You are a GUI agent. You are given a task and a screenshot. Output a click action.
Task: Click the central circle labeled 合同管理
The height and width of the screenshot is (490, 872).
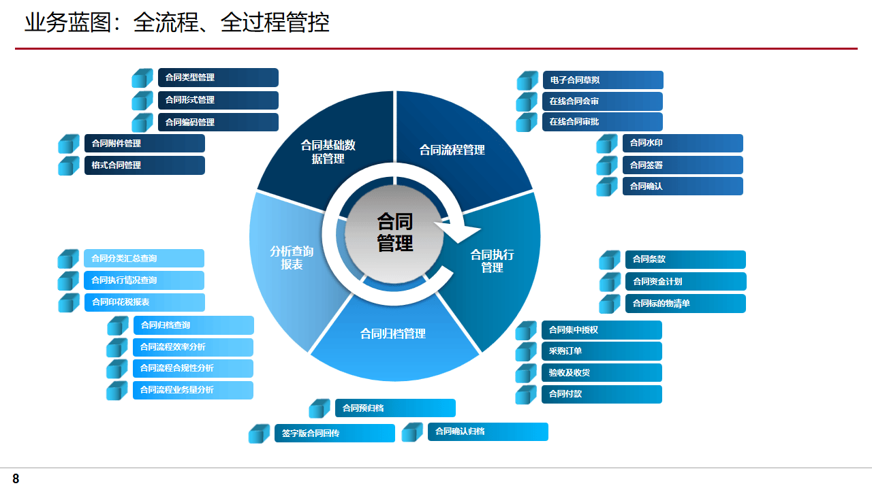[395, 233]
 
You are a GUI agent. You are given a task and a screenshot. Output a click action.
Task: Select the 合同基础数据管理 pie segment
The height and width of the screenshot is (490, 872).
[328, 151]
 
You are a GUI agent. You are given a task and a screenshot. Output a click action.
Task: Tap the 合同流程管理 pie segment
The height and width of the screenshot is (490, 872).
[452, 150]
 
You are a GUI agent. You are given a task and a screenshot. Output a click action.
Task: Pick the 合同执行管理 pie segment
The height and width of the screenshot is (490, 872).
[492, 261]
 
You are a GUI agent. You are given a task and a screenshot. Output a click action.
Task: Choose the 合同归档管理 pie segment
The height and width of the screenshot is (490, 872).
[393, 334]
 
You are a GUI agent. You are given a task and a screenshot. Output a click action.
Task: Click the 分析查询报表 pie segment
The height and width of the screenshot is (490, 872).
[292, 257]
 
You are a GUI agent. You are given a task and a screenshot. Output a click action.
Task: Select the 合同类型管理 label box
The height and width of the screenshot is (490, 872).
[218, 78]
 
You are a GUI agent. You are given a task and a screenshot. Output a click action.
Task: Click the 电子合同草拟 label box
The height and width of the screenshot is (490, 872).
[602, 80]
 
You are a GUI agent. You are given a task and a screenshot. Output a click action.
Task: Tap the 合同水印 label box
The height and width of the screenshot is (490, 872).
[682, 143]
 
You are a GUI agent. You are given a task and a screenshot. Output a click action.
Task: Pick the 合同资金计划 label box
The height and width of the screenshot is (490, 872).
[685, 282]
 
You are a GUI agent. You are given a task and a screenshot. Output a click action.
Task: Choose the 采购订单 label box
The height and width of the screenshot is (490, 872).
[601, 351]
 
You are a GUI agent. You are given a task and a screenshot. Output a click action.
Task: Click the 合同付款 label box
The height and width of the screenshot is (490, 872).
[601, 394]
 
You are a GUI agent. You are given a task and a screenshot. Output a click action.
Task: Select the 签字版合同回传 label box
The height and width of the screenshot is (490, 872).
[334, 434]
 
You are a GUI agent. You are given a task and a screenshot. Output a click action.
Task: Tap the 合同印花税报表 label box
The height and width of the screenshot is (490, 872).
[144, 302]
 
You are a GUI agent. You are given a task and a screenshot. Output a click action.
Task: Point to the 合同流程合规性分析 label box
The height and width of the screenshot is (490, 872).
[193, 368]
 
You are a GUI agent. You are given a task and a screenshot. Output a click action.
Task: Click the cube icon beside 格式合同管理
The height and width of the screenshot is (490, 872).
[69, 166]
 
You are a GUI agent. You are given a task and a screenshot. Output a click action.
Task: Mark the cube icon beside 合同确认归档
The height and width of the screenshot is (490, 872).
[412, 432]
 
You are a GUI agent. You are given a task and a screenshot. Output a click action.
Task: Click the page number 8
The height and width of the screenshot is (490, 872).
[16, 479]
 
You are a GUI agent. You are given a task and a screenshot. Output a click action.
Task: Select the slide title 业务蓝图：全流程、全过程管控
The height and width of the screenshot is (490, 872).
[177, 23]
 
